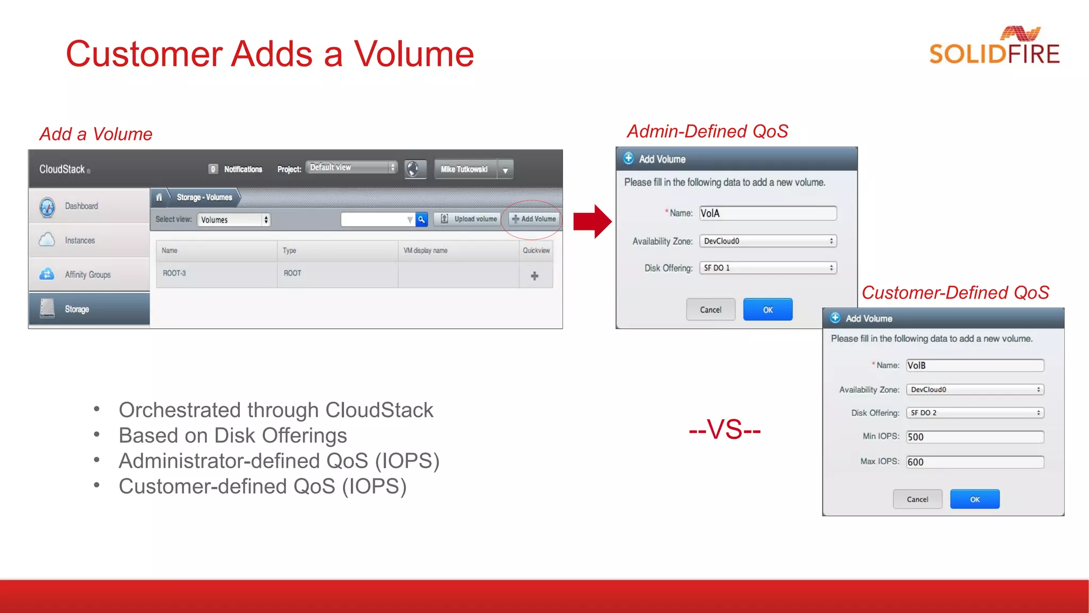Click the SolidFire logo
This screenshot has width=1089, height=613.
(994, 47)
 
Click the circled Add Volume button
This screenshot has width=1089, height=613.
(534, 219)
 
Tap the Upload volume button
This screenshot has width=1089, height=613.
(468, 219)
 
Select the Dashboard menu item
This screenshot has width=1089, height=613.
(81, 206)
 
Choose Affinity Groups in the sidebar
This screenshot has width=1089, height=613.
(88, 275)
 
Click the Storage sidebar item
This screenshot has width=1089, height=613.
(77, 309)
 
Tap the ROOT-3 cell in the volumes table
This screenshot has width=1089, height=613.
(174, 274)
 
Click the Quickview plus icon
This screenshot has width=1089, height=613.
(534, 276)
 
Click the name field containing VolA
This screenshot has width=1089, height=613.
(767, 213)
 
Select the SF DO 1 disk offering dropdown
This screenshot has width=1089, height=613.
(767, 268)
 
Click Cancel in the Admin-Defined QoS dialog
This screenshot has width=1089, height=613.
(710, 310)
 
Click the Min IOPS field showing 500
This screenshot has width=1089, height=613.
(975, 437)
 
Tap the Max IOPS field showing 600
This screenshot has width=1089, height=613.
(975, 462)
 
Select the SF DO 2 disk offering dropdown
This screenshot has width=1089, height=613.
(975, 413)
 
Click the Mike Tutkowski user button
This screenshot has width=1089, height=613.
(464, 169)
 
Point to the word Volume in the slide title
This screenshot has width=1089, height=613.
(414, 54)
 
